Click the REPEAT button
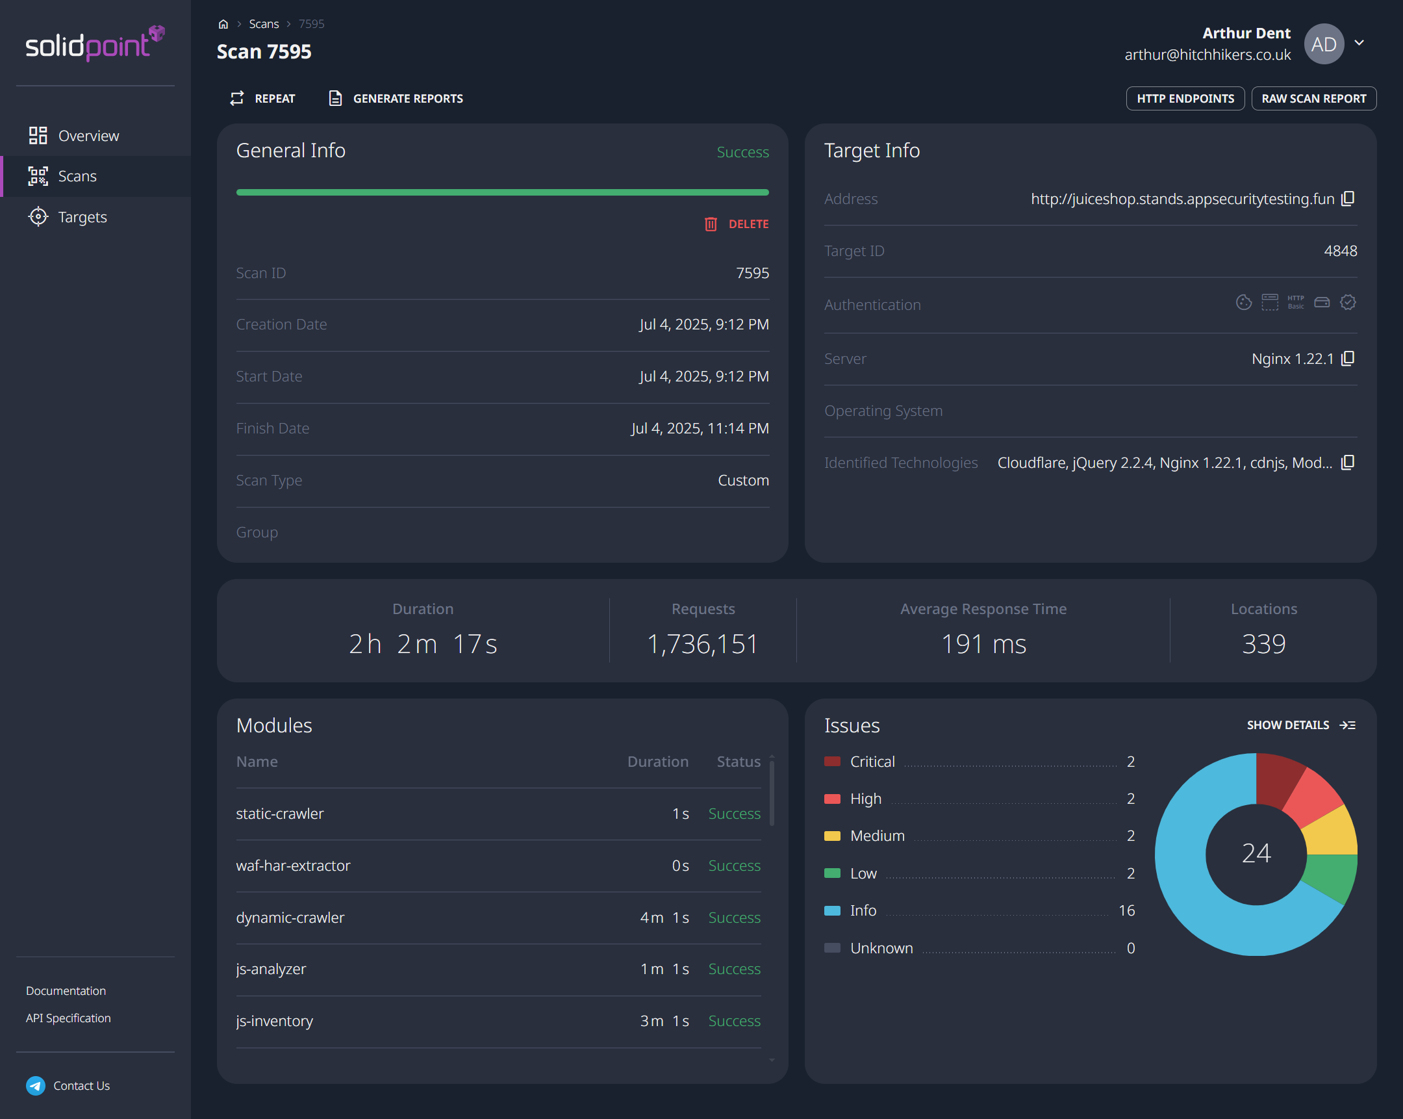click(262, 98)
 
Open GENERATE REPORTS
click(396, 98)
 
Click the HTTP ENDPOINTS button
click(1184, 98)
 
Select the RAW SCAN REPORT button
click(1313, 98)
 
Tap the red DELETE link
click(737, 224)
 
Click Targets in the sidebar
click(82, 217)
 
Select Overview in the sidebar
click(88, 135)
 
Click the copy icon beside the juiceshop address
click(1348, 199)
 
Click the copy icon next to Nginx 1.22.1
click(1348, 359)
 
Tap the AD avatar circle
click(1324, 44)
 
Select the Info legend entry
click(863, 910)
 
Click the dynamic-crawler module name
click(290, 917)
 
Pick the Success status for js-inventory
click(734, 1021)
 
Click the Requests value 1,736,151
click(703, 644)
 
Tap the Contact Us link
click(81, 1085)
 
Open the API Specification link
click(68, 1018)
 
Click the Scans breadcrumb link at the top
click(264, 24)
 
